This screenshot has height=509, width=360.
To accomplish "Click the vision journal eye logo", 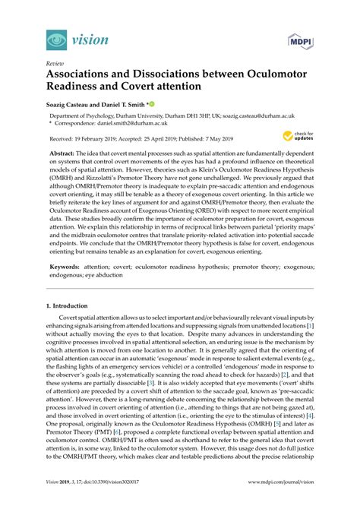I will pos(54,38).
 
